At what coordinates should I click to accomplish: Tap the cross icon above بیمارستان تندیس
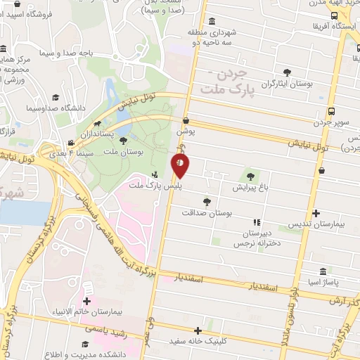pos(316,213)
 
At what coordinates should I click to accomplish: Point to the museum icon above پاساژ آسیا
pos(323,271)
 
